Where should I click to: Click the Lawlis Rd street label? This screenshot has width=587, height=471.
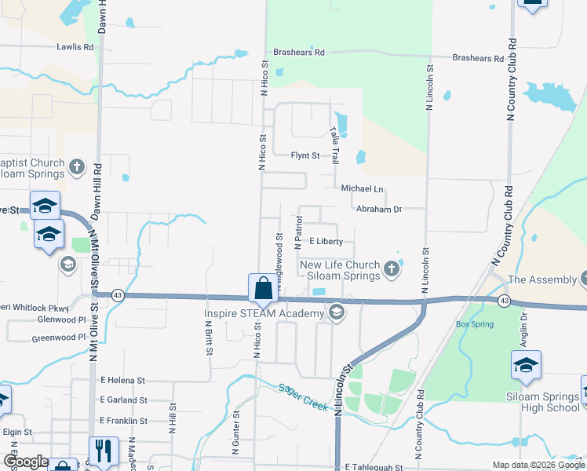tap(75, 47)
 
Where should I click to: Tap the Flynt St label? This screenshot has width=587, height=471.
tap(306, 155)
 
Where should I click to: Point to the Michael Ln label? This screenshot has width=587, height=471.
tap(362, 189)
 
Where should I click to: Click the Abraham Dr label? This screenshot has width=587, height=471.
tap(379, 210)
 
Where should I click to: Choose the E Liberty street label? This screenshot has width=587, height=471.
tap(326, 241)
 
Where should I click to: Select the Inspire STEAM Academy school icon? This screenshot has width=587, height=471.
tap(336, 313)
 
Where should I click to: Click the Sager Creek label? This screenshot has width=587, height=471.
tap(301, 398)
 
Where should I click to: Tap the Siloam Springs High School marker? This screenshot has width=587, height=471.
tap(526, 365)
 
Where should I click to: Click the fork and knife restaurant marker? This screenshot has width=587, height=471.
tap(104, 451)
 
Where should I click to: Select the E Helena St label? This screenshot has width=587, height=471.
tap(122, 380)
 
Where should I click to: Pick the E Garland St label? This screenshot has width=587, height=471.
tap(124, 400)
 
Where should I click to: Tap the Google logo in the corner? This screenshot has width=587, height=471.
tap(25, 462)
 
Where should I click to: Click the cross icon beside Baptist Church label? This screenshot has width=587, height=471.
tap(77, 167)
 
